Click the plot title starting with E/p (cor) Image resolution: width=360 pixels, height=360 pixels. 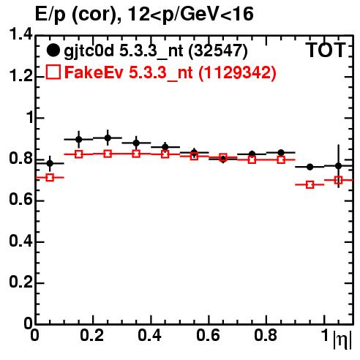[x=144, y=15]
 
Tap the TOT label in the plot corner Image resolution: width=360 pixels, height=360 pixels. [x=326, y=50]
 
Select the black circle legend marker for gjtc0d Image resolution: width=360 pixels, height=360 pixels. [x=53, y=50]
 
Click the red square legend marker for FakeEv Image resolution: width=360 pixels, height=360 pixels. [x=53, y=72]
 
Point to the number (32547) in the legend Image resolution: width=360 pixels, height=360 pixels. [x=218, y=51]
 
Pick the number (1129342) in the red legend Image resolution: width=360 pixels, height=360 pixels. [x=237, y=72]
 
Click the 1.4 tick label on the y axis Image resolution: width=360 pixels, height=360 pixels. [x=20, y=34]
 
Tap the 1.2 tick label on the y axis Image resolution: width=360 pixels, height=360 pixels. [x=20, y=76]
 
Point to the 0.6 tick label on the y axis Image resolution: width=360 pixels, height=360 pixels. [x=20, y=200]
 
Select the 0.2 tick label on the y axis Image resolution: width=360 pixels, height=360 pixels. [x=20, y=282]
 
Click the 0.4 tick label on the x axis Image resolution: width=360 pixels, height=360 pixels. [x=149, y=335]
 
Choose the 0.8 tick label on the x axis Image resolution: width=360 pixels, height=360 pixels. [x=266, y=335]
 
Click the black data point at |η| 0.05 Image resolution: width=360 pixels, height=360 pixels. [x=50, y=163]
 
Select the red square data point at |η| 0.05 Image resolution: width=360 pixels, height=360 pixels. [x=50, y=177]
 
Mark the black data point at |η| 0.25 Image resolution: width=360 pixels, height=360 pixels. [x=108, y=138]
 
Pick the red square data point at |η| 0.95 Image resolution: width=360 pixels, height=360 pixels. [x=310, y=184]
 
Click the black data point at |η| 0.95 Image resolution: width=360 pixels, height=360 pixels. [x=310, y=167]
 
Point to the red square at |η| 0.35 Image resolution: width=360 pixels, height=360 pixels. [x=136, y=154]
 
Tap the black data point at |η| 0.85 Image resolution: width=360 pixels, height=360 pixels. [x=281, y=153]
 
